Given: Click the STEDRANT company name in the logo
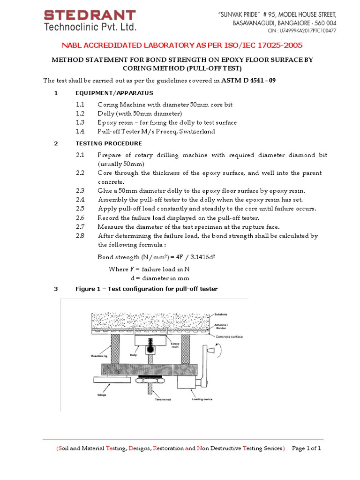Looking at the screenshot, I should pos(90,15).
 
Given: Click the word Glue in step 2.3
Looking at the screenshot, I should pos(105,191).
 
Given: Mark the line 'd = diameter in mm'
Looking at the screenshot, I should pos(156,278).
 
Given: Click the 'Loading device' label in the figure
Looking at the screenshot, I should pos(203,399).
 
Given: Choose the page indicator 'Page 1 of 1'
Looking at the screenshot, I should pos(306,448).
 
